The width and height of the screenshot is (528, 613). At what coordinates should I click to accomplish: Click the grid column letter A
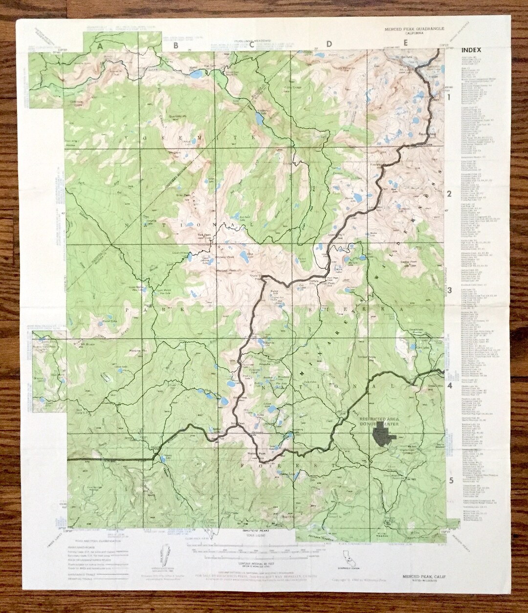pos(100,46)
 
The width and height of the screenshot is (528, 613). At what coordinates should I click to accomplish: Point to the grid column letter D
pos(329,44)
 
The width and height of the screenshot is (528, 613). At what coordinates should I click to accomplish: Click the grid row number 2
pos(449,194)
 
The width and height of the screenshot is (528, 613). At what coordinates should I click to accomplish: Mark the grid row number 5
pos(451,480)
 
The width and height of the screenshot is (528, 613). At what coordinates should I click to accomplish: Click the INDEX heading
pos(471,50)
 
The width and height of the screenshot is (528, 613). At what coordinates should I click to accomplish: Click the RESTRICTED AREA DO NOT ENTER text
pos(379,422)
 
